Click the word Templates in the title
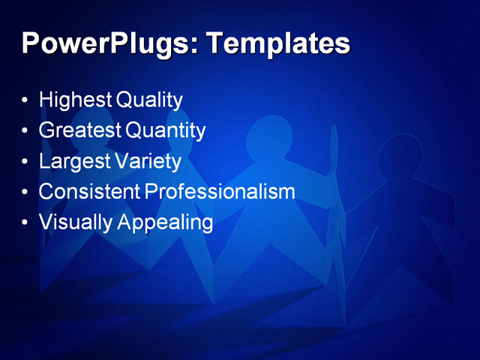tap(277, 44)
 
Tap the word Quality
tap(149, 100)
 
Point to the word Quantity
tap(165, 130)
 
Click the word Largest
tap(74, 161)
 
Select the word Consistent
tap(89, 192)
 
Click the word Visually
tap(74, 223)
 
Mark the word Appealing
tap(165, 223)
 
